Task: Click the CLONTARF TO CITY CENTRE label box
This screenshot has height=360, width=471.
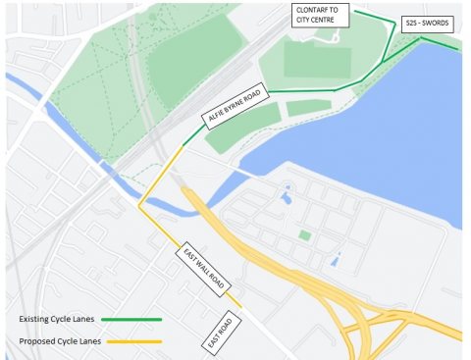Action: (319, 17)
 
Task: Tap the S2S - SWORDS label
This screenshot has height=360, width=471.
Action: (423, 22)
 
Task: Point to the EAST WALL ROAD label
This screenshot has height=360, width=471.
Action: (204, 270)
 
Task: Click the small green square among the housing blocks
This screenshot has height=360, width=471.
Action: (304, 235)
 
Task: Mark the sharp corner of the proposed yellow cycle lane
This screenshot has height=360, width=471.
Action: (140, 207)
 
